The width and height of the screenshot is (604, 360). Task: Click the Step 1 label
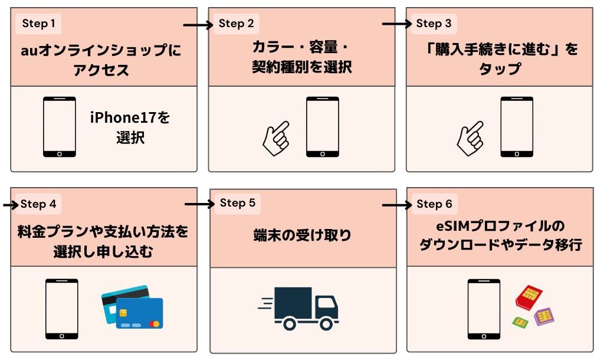point(39,24)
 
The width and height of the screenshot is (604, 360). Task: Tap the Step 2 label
point(236,24)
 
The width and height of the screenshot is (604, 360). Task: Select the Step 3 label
point(434,24)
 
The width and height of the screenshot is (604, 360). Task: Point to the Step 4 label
point(39,204)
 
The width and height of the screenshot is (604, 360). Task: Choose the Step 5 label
point(237,203)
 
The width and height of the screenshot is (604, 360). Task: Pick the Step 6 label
point(434,204)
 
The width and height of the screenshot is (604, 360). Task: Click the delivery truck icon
point(300,308)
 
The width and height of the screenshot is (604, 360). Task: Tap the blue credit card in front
point(139,313)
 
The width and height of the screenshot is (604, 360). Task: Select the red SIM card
point(529,297)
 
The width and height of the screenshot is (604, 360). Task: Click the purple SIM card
point(544,317)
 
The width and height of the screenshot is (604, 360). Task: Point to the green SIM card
point(520,322)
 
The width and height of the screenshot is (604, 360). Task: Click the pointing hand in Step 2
point(276,136)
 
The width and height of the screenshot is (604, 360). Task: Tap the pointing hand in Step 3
point(471,137)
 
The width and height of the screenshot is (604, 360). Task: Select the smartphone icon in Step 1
point(60,127)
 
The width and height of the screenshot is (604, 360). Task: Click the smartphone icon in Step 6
point(484,309)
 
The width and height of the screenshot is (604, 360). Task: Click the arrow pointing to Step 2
point(198,25)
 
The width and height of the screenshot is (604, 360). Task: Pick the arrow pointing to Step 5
point(199,205)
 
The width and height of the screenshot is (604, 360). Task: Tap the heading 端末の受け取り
point(301,235)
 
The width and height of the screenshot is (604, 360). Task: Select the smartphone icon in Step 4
point(62,309)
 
